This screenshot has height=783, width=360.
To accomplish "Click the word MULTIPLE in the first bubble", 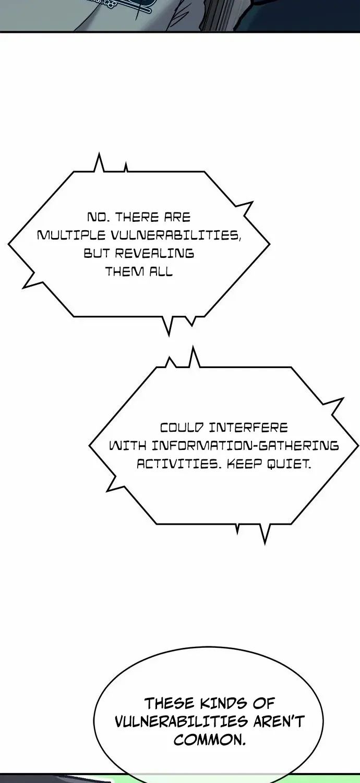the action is pyautogui.click(x=71, y=235).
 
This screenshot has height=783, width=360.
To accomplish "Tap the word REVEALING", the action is pyautogui.click(x=154, y=253).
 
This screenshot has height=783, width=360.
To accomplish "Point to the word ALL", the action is pyautogui.click(x=161, y=271).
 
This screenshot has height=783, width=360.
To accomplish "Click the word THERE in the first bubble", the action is pyautogui.click(x=133, y=217).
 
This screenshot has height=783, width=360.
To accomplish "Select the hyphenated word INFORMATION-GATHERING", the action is pyautogui.click(x=245, y=446).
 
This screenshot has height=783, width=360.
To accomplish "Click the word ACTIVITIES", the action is pyautogui.click(x=179, y=464).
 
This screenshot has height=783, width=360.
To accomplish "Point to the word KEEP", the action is pyautogui.click(x=245, y=464).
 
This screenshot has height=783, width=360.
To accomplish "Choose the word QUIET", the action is pyautogui.click(x=289, y=464).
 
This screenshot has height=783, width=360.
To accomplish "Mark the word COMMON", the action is pyautogui.click(x=210, y=739).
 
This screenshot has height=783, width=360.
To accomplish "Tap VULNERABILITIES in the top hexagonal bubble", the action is pyautogui.click(x=176, y=235).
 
